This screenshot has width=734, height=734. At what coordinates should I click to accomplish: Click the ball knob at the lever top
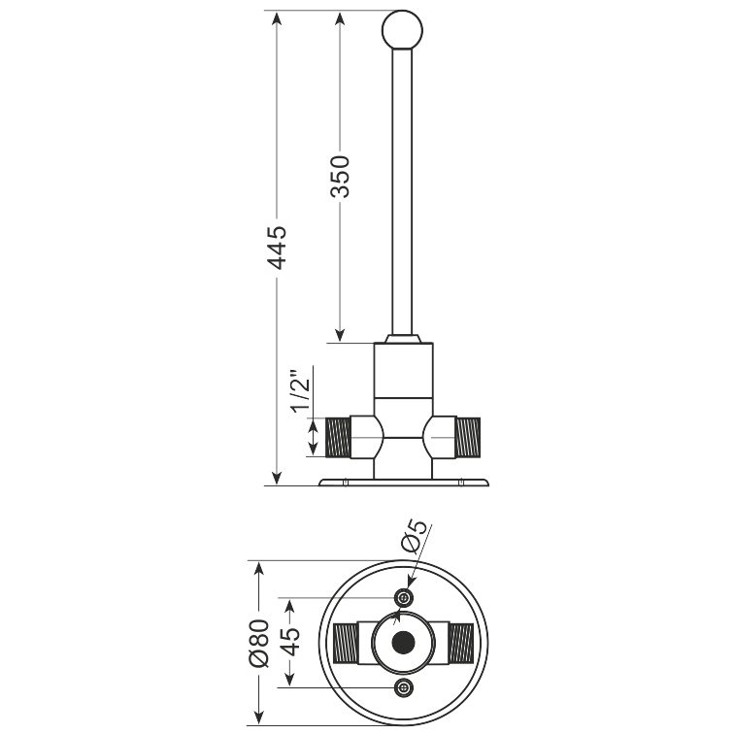pos(402,29)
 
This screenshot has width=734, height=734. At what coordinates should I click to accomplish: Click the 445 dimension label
pos(277,248)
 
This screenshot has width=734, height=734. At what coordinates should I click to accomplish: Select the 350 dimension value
pos(341,177)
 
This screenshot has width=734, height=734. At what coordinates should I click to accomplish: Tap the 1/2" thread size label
pos(301,391)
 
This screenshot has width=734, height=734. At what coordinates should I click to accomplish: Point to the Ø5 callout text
pos(415,536)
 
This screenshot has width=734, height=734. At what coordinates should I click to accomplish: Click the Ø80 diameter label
pos(259,643)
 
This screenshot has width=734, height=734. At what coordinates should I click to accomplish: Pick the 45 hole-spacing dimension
pos(290,642)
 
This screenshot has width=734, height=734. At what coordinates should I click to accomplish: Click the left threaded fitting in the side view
pos(338,437)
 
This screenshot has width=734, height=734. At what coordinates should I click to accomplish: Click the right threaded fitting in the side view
pos(468,437)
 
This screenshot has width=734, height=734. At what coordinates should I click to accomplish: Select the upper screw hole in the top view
pos(403,598)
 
